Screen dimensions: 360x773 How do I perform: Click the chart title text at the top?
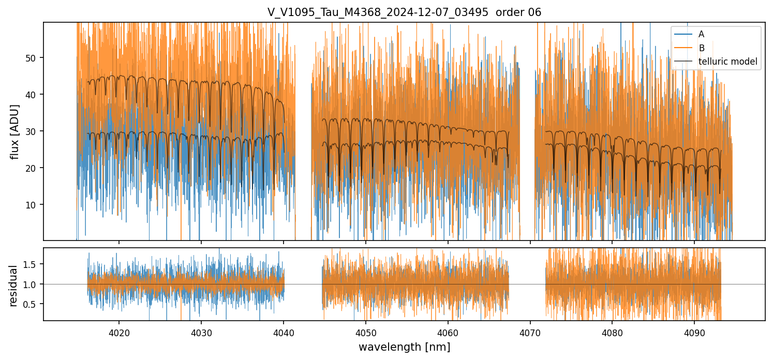pyautogui.click(x=404, y=12)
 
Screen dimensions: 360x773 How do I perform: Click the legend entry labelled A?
pyautogui.click(x=701, y=34)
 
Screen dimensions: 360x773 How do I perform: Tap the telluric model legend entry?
pyautogui.click(x=727, y=62)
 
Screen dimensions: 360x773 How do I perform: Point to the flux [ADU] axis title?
pyautogui.click(x=15, y=131)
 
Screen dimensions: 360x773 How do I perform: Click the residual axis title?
pyautogui.click(x=14, y=286)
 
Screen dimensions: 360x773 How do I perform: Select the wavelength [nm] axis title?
pyautogui.click(x=404, y=347)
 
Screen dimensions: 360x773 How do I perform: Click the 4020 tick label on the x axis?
pyautogui.click(x=119, y=332)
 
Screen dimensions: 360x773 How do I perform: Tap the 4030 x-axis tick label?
pyautogui.click(x=201, y=332)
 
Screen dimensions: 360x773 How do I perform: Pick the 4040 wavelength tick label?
pyautogui.click(x=284, y=332)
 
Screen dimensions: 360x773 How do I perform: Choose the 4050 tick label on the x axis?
pyautogui.click(x=365, y=332)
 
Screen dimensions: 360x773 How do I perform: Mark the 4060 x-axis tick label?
pyautogui.click(x=448, y=332)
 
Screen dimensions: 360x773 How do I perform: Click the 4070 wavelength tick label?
pyautogui.click(x=530, y=332)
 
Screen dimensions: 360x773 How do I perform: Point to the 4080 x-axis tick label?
pyautogui.click(x=612, y=332)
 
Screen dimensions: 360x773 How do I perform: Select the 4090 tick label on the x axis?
pyautogui.click(x=694, y=332)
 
